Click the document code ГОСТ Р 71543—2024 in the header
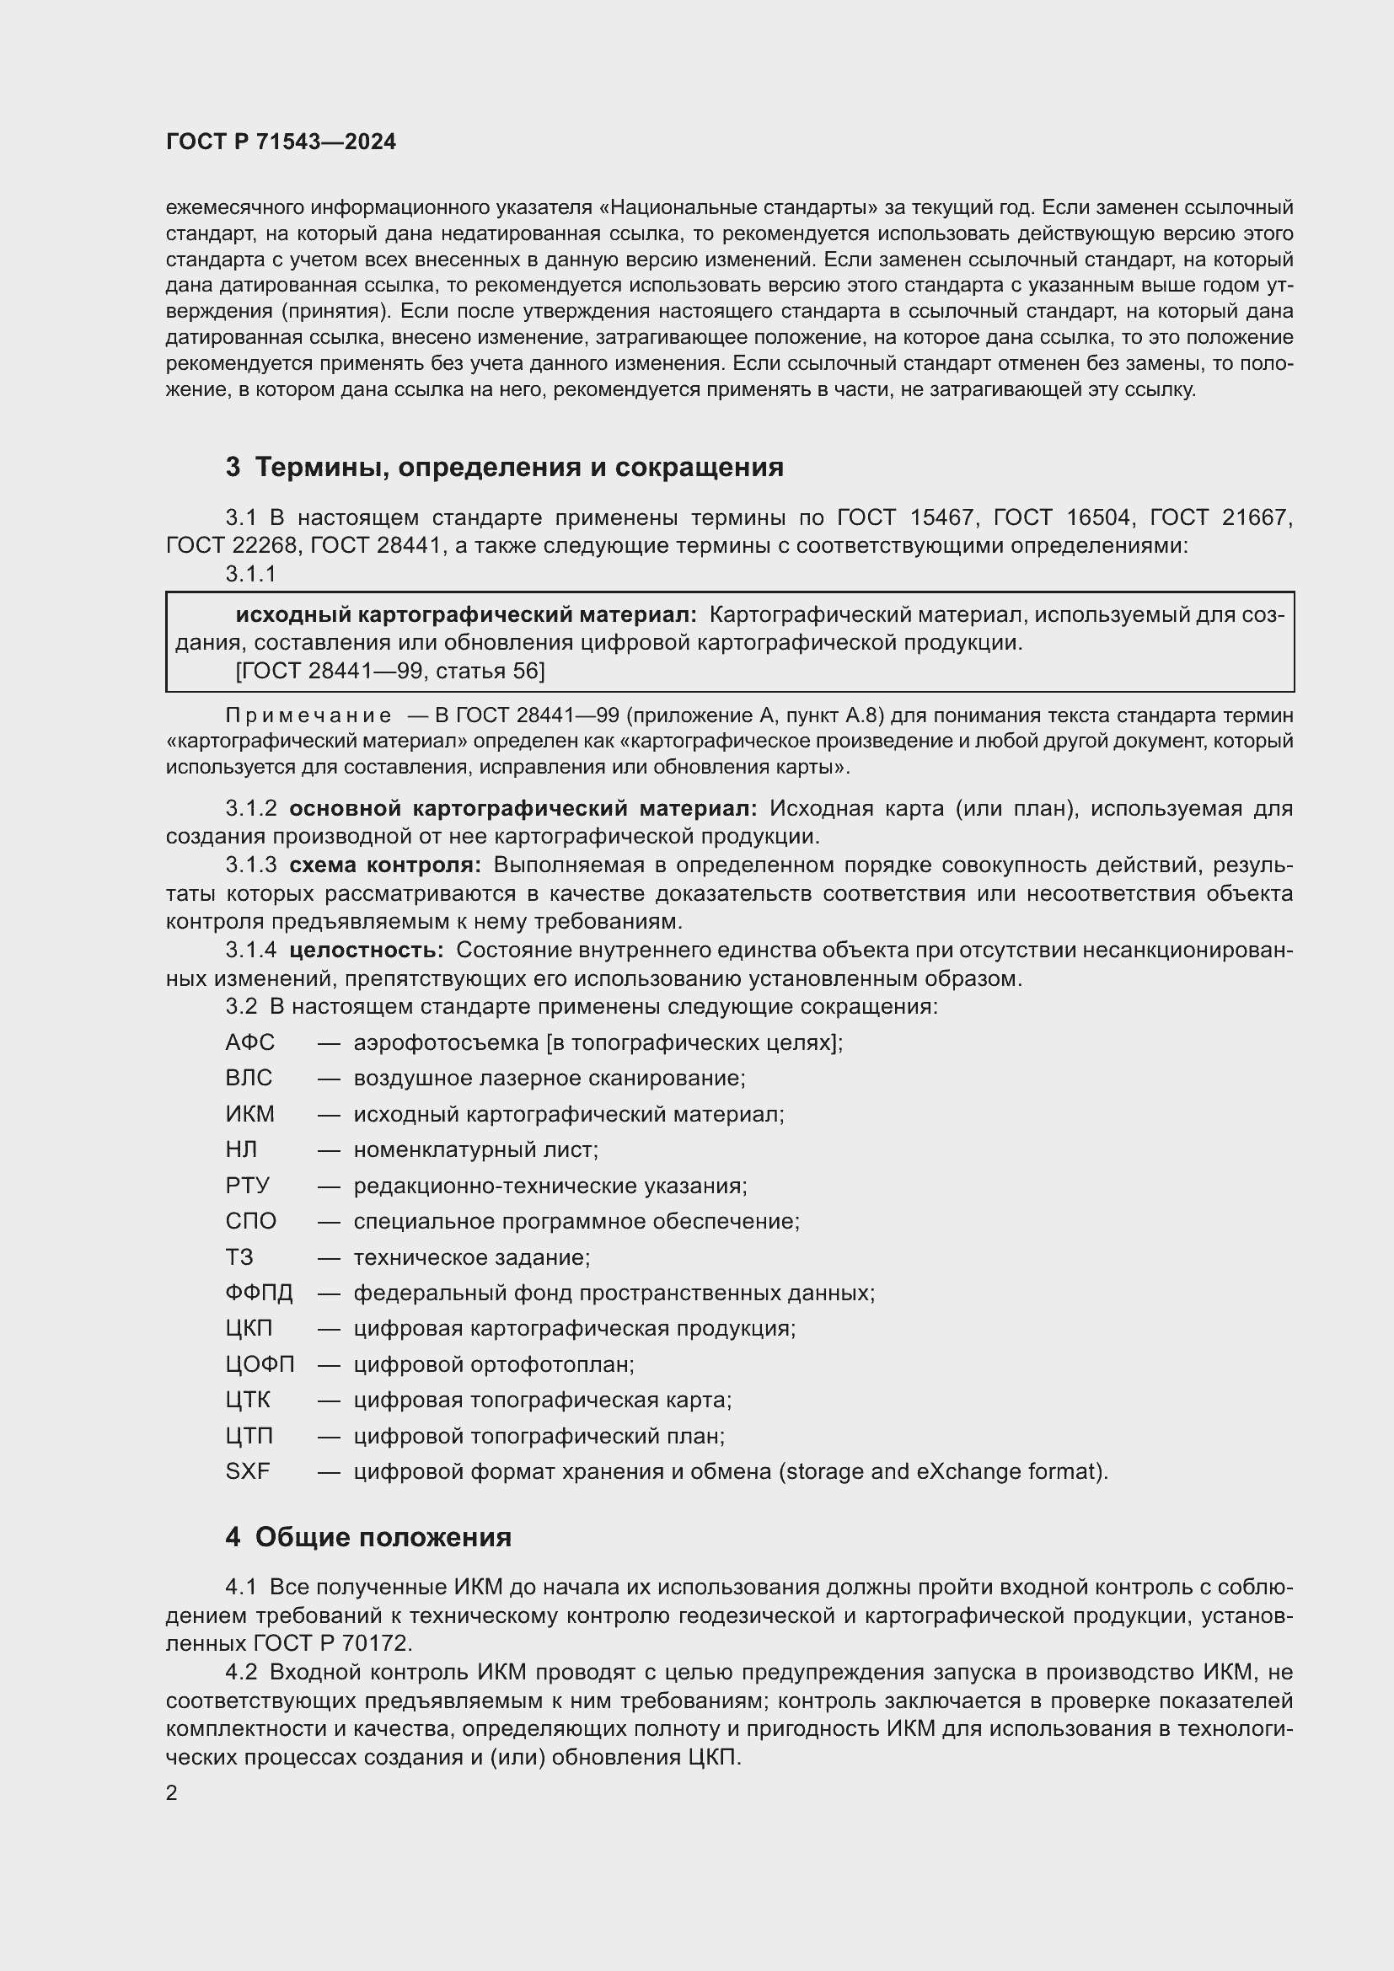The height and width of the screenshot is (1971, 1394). [x=281, y=142]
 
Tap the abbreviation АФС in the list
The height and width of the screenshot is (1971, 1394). [x=249, y=1042]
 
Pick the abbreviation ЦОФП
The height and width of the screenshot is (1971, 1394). [x=260, y=1364]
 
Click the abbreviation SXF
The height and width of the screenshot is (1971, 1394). [x=247, y=1471]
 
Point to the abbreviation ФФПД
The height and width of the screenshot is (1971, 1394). [x=259, y=1293]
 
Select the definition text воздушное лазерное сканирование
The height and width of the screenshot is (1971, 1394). [x=550, y=1078]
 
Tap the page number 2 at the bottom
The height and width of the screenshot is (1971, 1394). [x=172, y=1792]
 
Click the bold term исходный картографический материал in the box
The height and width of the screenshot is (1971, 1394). [x=466, y=614]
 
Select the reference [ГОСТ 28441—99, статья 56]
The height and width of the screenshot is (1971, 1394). [x=389, y=671]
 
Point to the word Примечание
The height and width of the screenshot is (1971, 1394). [x=308, y=715]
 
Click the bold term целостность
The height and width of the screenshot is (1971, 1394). [x=367, y=951]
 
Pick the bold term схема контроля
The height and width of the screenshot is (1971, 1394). [x=385, y=865]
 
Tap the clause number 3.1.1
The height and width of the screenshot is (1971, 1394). [x=250, y=575]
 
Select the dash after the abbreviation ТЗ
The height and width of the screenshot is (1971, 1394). [x=330, y=1257]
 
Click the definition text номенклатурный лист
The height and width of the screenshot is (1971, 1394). [x=475, y=1149]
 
